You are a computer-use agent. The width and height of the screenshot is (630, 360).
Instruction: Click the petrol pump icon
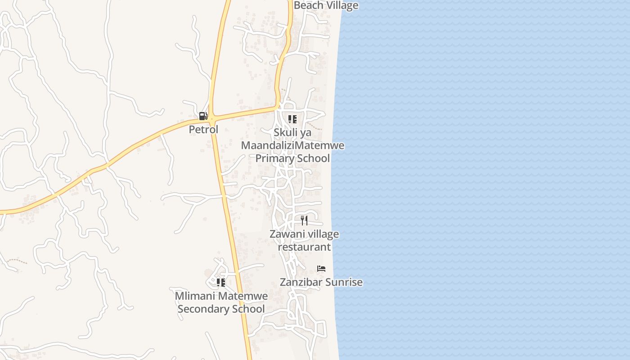coord(203,116)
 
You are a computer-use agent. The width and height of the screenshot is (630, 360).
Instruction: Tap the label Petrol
coord(203,130)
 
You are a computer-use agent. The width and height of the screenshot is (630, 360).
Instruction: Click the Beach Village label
coord(326,5)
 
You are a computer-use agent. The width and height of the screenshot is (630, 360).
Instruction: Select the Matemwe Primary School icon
coord(292,119)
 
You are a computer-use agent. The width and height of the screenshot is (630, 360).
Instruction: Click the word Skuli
coord(285,133)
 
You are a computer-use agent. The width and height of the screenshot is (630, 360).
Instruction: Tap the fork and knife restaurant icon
coord(304,220)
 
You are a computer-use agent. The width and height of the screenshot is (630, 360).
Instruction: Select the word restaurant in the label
coord(304,247)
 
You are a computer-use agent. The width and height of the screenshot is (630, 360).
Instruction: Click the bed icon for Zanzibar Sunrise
coord(321,269)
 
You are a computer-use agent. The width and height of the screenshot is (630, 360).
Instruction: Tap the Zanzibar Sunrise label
coord(321,283)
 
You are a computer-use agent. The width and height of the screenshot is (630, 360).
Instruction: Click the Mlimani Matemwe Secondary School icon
coord(221,283)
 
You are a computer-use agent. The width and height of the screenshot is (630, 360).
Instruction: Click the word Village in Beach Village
coord(342,5)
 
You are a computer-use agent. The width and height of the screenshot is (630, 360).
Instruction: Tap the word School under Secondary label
coord(248,309)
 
